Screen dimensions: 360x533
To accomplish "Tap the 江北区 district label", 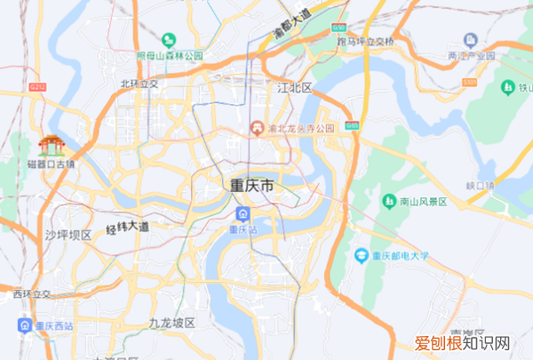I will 296,88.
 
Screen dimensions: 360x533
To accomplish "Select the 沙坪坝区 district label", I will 68,235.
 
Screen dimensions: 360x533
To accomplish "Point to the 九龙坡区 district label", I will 171,322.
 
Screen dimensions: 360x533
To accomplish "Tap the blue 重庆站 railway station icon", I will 243,214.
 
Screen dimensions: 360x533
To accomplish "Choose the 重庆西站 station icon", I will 26,326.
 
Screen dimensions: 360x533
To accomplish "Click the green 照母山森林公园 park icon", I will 169,39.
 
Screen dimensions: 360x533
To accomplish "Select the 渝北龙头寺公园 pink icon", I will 257,129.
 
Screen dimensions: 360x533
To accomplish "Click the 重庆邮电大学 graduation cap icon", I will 361,256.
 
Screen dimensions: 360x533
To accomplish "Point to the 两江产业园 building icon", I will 472,40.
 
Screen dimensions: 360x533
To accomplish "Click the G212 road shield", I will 36,88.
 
